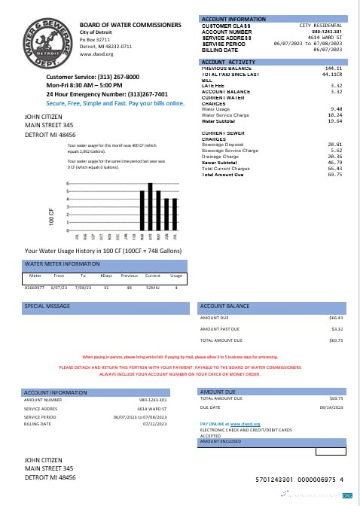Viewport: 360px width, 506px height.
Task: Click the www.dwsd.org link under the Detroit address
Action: (x=96, y=54)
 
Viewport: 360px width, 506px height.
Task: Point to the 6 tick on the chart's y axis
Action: (x=69, y=183)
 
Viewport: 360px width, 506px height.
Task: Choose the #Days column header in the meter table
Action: (x=106, y=277)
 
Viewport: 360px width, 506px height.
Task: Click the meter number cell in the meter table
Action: (x=35, y=287)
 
